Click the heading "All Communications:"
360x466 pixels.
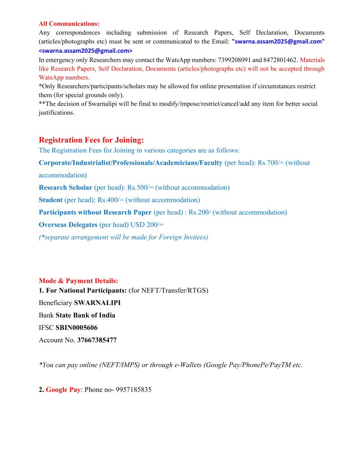tap(69, 24)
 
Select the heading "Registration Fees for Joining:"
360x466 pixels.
tap(91, 140)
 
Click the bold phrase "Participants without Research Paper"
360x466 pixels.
tap(95, 212)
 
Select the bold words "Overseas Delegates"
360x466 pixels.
tap(68, 225)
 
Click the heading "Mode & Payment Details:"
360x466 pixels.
tap(78, 281)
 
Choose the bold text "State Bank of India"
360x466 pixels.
tap(85, 315)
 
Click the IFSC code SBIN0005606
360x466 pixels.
tap(76, 328)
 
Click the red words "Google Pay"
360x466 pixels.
tap(63, 390)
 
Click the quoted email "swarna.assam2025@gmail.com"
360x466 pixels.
tap(278, 41)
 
